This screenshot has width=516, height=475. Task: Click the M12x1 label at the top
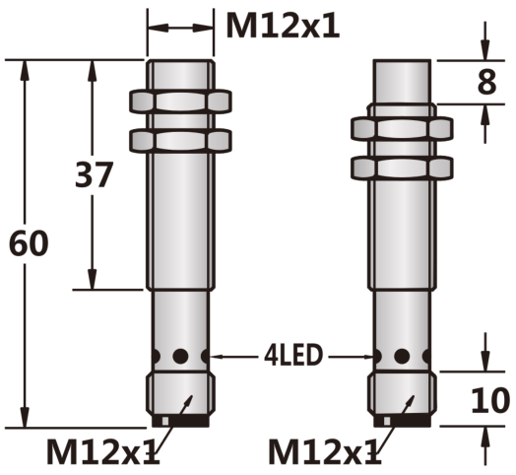[x=283, y=26]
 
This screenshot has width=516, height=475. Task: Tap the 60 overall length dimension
[x=29, y=243]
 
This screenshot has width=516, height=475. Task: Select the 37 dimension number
[x=95, y=174]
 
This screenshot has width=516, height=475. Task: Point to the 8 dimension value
[x=486, y=82]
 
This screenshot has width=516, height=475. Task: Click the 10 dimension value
[x=490, y=400]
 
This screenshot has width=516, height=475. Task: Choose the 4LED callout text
[x=292, y=356]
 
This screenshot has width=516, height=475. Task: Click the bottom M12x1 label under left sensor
[x=103, y=451]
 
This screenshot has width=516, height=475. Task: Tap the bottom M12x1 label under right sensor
[x=325, y=451]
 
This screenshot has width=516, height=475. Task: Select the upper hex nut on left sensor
[x=180, y=102]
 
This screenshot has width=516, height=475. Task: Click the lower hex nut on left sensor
[x=180, y=141]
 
